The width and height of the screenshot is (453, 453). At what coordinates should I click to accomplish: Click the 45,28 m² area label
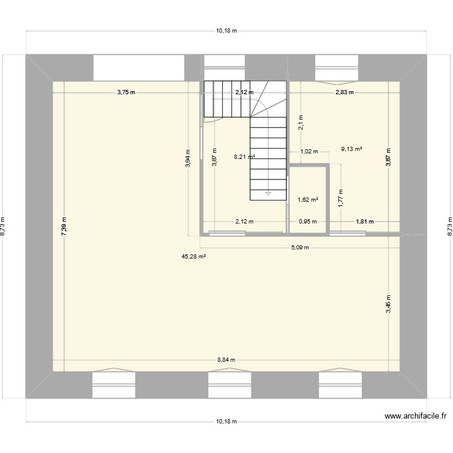coord(194,257)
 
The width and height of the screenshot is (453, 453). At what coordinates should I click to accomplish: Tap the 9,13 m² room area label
coord(352,149)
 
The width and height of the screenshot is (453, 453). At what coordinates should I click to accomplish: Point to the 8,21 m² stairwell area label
coord(245,156)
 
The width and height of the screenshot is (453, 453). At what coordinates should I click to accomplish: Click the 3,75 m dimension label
coord(126,92)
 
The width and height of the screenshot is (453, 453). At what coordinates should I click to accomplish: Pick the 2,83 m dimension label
coord(344,92)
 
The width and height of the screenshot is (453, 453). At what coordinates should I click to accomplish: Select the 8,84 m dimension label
coord(226,359)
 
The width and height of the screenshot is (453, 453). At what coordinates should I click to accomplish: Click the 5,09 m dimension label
coord(300,248)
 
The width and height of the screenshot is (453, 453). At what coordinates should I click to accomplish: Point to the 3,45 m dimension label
coord(389,304)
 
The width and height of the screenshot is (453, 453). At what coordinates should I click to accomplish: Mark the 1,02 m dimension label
coord(309,152)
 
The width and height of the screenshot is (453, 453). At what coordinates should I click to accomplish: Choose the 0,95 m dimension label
coord(307,222)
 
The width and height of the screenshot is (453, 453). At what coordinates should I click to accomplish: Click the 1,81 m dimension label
coord(365,222)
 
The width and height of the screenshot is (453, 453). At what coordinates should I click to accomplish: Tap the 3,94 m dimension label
coord(188,159)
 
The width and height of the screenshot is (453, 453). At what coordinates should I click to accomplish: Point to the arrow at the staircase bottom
coord(267,194)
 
